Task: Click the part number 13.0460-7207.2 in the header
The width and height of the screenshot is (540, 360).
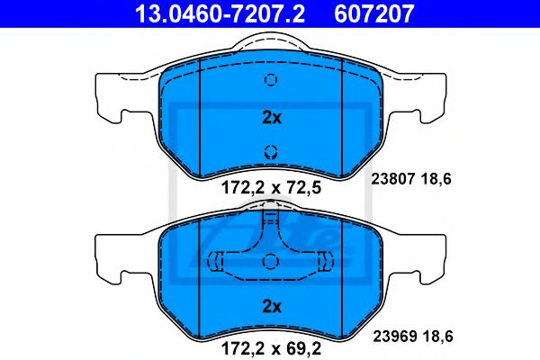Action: tap(220, 13)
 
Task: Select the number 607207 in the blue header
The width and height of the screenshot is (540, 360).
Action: tap(373, 13)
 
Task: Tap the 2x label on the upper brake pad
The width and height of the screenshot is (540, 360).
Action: tap(272, 118)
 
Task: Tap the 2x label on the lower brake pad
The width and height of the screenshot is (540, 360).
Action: tap(272, 306)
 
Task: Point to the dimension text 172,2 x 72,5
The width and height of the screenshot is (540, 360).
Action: tap(271, 188)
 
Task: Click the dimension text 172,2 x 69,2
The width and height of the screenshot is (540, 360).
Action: tap(271, 348)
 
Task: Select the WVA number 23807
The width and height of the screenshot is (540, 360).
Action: tap(393, 179)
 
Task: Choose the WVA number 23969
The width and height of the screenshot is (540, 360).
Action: tap(395, 337)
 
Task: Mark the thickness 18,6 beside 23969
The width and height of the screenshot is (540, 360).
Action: tap(439, 337)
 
